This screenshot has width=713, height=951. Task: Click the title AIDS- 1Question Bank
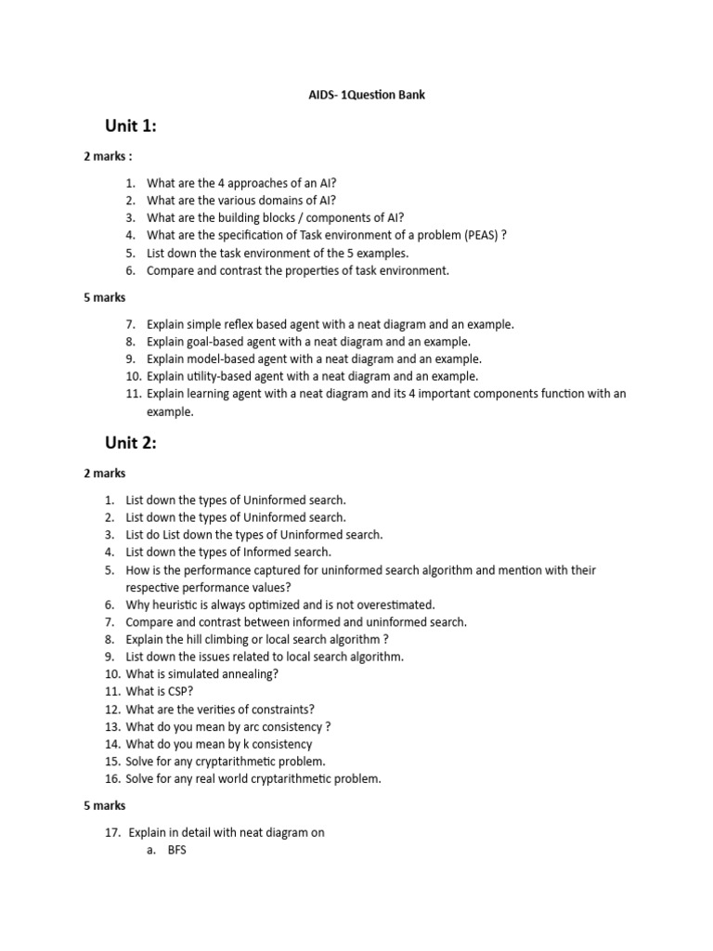[x=367, y=95]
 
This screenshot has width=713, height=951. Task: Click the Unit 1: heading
[x=130, y=127]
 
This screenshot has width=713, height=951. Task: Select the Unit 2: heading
[x=130, y=443]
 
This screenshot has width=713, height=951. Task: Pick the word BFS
[x=177, y=850]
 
